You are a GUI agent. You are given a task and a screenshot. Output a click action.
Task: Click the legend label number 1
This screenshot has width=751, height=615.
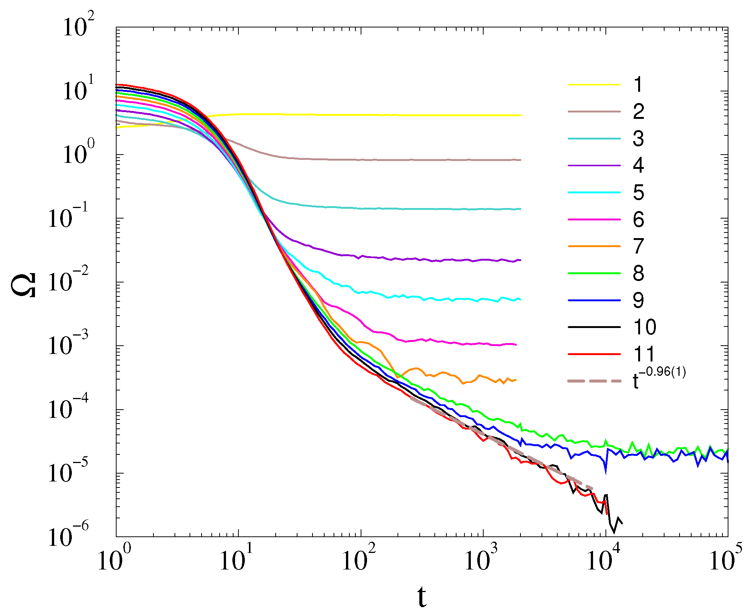pyautogui.click(x=638, y=85)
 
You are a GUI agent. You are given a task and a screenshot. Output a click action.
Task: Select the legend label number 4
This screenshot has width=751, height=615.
pyautogui.click(x=638, y=166)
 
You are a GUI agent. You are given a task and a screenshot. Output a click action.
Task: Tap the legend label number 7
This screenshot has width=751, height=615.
pyautogui.click(x=638, y=246)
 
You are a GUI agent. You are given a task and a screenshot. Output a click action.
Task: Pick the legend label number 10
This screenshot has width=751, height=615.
pyautogui.click(x=645, y=327)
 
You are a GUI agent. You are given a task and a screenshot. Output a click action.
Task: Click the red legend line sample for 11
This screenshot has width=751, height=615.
pyautogui.click(x=594, y=354)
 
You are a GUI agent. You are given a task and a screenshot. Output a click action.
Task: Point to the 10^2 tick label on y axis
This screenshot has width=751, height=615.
pyautogui.click(x=78, y=27)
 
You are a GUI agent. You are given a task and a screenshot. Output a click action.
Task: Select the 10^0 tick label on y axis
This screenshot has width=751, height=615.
pyautogui.click(x=78, y=155)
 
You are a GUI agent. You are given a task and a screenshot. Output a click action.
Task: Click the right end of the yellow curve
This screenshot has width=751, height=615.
pyautogui.click(x=520, y=115)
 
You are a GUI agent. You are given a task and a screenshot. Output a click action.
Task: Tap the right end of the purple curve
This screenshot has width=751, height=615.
pyautogui.click(x=520, y=260)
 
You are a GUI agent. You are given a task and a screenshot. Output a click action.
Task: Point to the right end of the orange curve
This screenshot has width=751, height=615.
pyautogui.click(x=516, y=380)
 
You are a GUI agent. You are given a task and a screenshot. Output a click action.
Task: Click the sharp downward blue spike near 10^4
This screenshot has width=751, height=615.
pyautogui.click(x=605, y=472)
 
